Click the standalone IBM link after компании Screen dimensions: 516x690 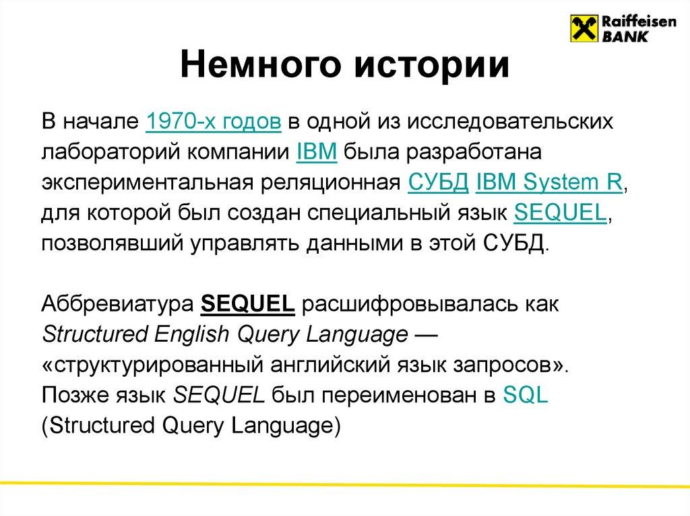pyautogui.click(x=312, y=152)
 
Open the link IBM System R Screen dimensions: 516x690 pyautogui.click(x=551, y=182)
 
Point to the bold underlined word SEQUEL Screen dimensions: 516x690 pyautogui.click(x=249, y=306)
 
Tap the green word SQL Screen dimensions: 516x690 pyautogui.click(x=526, y=396)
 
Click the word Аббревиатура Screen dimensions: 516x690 pyautogui.click(x=117, y=306)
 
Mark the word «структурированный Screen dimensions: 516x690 pyautogui.click(x=152, y=366)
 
